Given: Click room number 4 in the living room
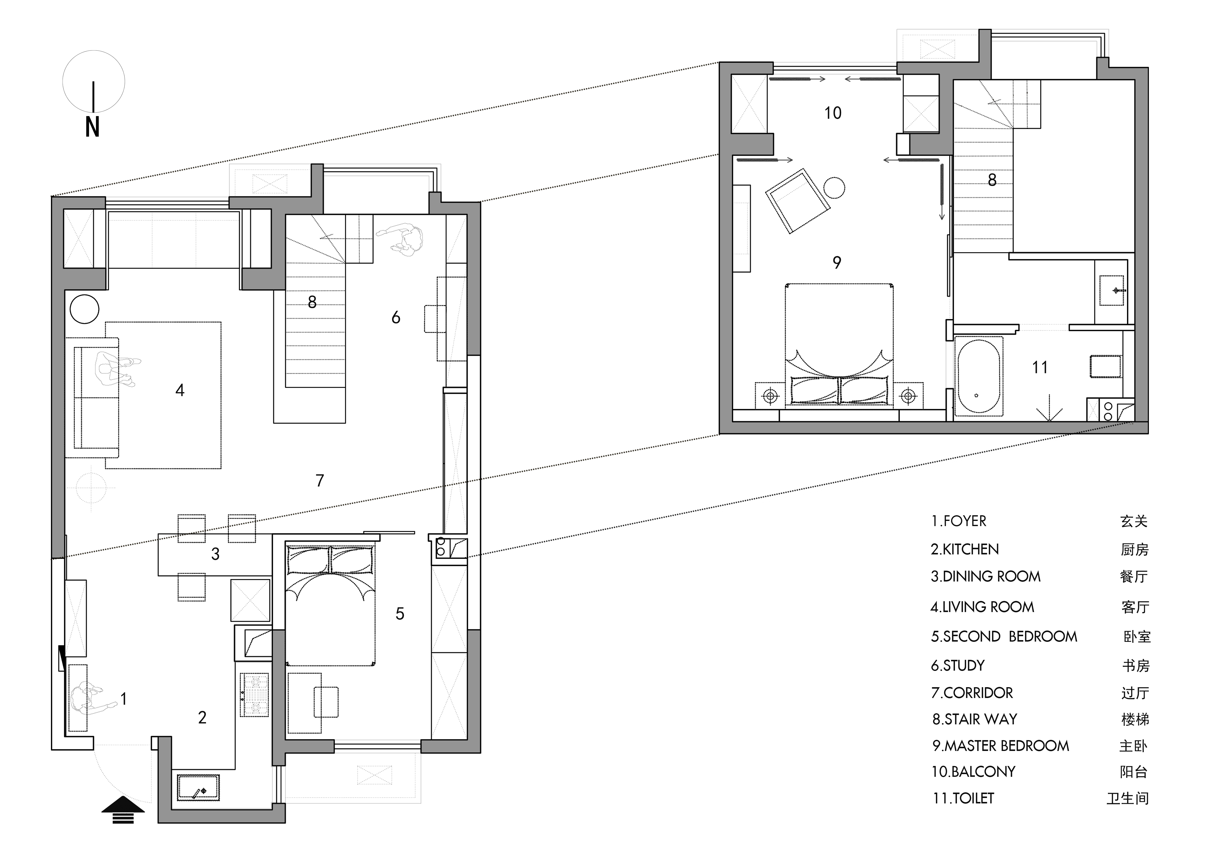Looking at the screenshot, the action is [180, 391].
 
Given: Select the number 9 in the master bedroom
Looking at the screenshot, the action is [837, 262].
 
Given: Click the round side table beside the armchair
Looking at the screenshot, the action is [834, 188].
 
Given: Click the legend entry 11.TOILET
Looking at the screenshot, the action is [963, 798].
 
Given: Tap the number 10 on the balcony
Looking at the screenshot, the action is [833, 113].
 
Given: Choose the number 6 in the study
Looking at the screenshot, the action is [396, 318].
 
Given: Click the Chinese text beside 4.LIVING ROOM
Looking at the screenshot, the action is [1135, 607].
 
